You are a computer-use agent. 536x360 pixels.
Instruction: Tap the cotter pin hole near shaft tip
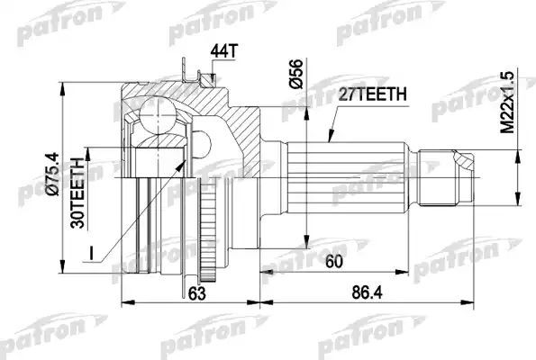point(463,163)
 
